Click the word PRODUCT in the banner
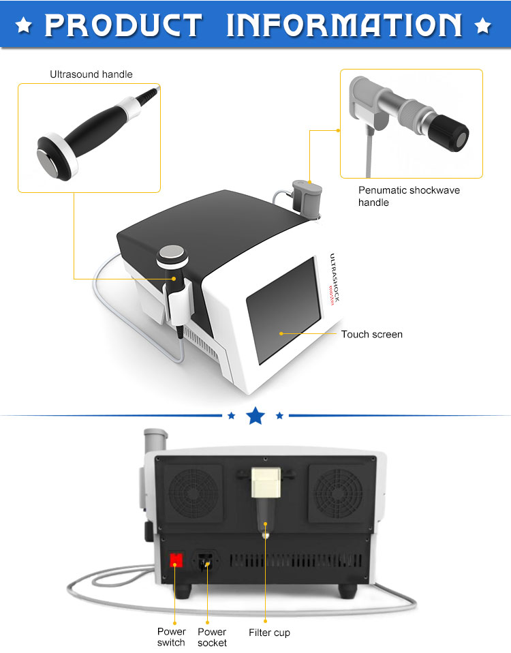click(x=123, y=25)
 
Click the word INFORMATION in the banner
click(x=344, y=25)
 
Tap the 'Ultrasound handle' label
click(x=91, y=74)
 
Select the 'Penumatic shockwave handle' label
click(x=409, y=196)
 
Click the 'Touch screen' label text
click(x=371, y=334)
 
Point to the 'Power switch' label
click(x=171, y=637)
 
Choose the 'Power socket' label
click(x=212, y=637)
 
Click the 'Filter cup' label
click(x=269, y=633)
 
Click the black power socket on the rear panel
click(x=205, y=560)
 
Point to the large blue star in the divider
click(x=255, y=414)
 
